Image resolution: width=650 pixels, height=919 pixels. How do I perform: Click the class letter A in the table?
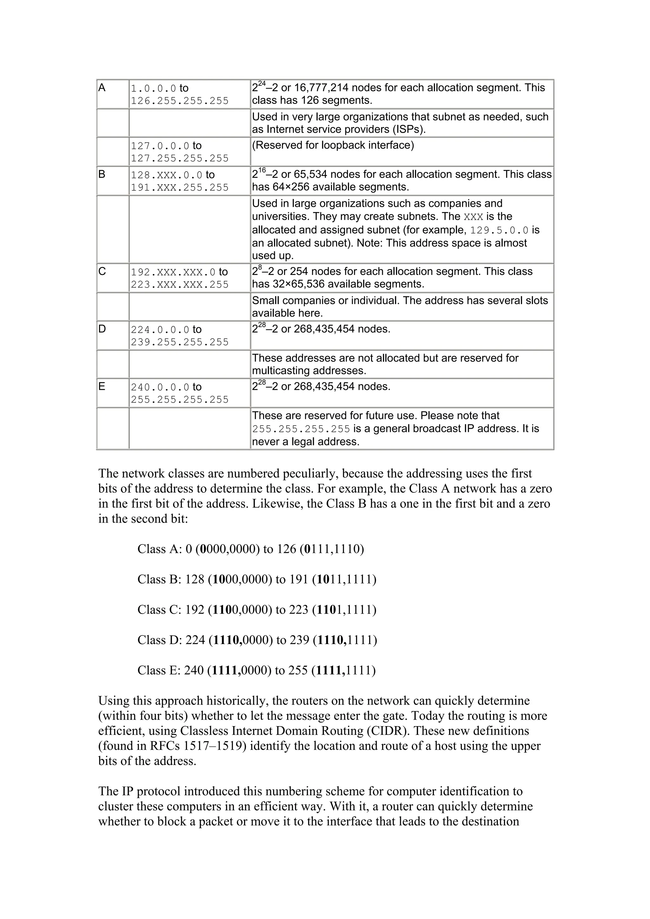102,88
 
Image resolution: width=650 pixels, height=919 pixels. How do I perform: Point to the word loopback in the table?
343,145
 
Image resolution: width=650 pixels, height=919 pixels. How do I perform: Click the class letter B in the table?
102,174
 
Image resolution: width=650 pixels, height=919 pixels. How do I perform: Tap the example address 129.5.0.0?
499,231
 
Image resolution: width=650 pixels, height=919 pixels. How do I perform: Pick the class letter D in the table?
102,329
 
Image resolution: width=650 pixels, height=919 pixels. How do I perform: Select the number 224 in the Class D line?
195,640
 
